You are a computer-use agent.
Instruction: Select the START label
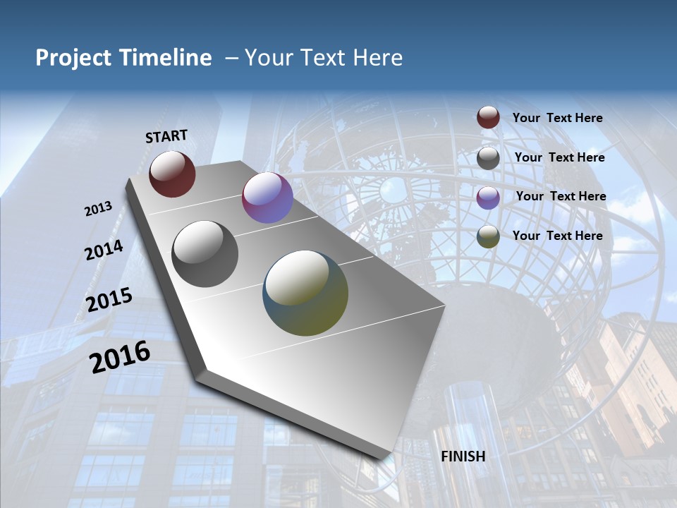pos(166,136)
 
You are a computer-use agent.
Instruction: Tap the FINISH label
pos(463,456)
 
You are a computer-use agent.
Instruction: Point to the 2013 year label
pos(98,209)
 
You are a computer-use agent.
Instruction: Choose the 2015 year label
pos(109,300)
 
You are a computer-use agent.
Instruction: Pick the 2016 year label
pos(120,357)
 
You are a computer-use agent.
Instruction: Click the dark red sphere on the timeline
pos(172,174)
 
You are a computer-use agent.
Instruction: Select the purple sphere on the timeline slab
pos(267,198)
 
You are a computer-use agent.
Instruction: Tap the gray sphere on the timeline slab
pos(205,254)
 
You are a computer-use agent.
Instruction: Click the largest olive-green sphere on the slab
pos(305,293)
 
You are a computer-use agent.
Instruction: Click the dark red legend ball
pos(488,117)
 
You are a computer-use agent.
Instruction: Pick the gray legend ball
pos(488,158)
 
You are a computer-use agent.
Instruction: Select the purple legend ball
pos(488,197)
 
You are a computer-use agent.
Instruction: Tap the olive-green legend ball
pos(488,236)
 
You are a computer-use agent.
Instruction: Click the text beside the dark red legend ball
pos(557,118)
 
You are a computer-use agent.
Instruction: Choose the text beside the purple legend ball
pos(561,196)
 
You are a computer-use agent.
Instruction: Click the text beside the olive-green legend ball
pos(557,236)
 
